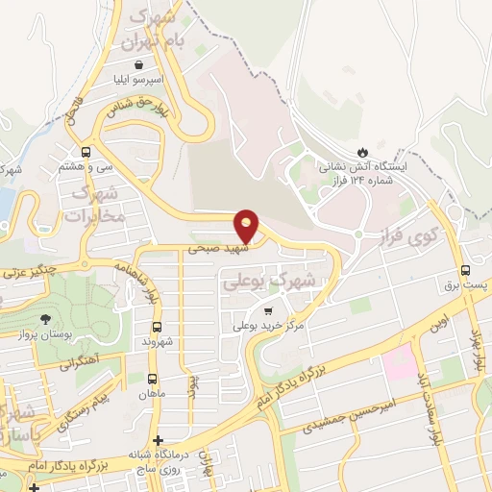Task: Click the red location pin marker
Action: click(247, 225)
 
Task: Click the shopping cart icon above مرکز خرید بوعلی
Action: click(268, 310)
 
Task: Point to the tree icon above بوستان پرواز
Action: click(45, 319)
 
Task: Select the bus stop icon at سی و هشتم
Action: click(86, 151)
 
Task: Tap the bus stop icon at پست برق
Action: click(466, 270)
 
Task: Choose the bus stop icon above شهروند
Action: click(156, 326)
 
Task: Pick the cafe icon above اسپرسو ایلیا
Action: click(141, 64)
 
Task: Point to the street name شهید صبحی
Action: click(209, 247)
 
